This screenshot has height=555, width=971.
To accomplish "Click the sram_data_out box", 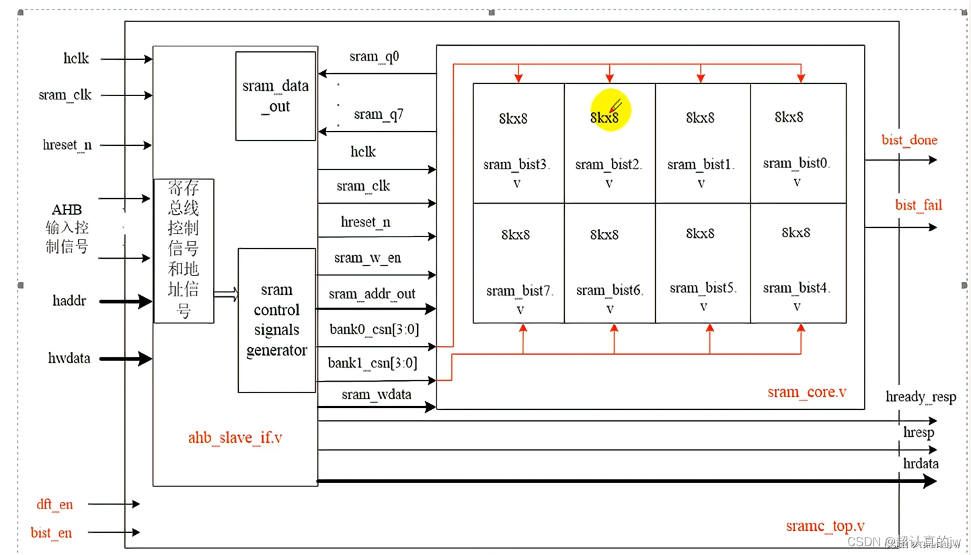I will [276, 96].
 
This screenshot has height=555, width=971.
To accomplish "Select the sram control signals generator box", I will [276, 320].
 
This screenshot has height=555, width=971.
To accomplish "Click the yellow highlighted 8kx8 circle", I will [611, 112].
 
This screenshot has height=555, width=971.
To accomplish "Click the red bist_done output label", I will [909, 140].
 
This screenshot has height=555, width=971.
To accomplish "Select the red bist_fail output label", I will [918, 205].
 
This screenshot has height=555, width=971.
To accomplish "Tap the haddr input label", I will [70, 301].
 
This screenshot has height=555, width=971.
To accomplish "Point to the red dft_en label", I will [54, 504].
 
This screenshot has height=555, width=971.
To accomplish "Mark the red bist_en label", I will [51, 533].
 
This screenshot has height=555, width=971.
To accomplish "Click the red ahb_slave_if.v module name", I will [235, 437].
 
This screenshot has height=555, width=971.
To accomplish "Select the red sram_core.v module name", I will [806, 392].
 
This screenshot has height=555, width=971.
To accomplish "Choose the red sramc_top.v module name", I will [825, 525].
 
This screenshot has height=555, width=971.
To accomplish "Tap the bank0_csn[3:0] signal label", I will [373, 330].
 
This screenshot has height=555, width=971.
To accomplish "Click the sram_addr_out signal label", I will [372, 294].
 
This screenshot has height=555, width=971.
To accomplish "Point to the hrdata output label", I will [921, 464].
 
